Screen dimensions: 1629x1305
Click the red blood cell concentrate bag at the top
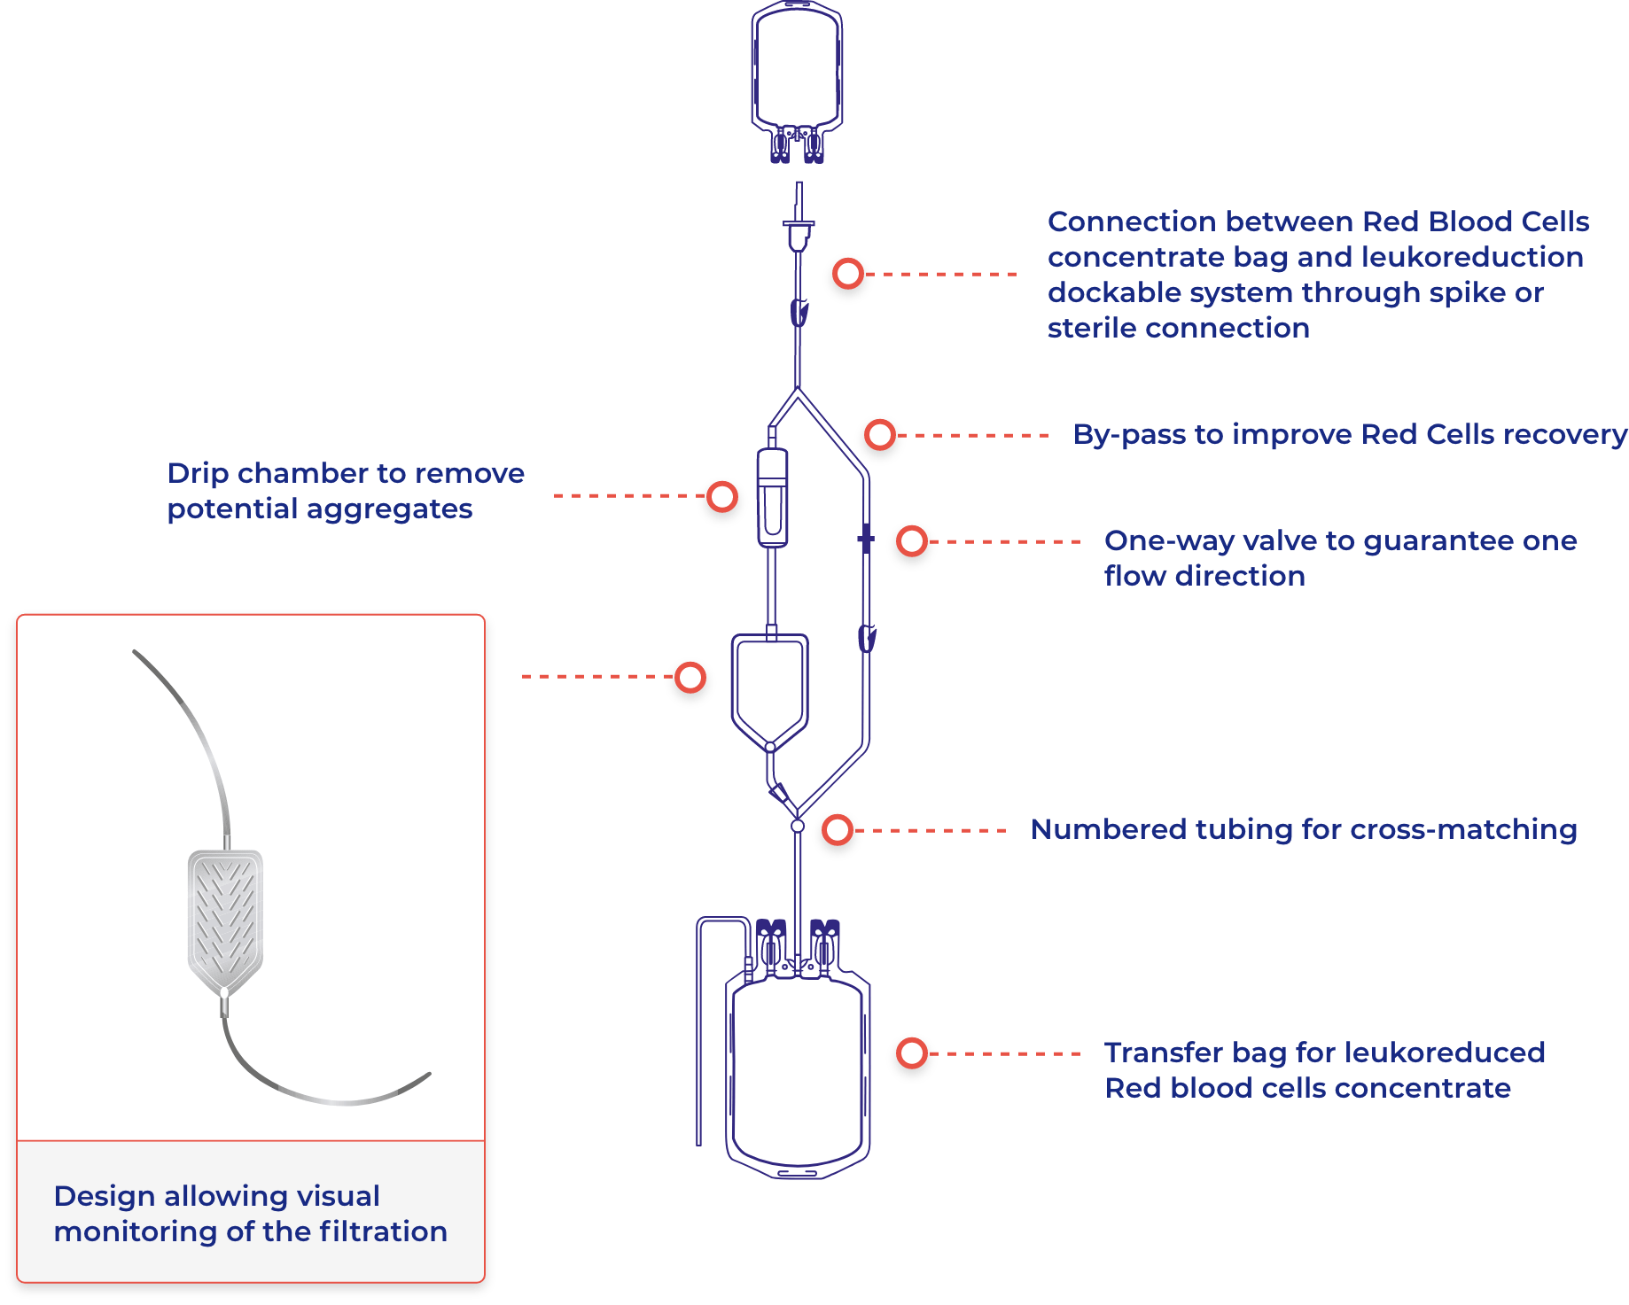click(797, 80)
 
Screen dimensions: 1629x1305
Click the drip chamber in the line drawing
click(772, 497)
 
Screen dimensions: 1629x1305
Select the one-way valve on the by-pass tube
click(866, 539)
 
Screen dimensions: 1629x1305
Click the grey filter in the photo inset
click(225, 921)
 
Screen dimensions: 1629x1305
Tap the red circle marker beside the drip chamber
click(722, 496)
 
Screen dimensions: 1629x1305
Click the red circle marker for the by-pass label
click(880, 435)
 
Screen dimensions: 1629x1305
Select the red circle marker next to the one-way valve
click(912, 541)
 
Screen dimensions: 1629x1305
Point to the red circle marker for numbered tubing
click(838, 830)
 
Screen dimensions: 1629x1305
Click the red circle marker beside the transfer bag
click(912, 1053)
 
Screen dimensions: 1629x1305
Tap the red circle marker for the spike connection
click(848, 274)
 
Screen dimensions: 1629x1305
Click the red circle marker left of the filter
click(690, 677)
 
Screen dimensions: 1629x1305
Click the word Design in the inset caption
click(105, 1197)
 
